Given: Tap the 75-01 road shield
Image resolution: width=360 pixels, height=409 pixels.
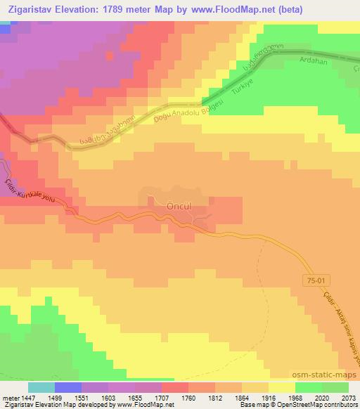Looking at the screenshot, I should (x=316, y=280).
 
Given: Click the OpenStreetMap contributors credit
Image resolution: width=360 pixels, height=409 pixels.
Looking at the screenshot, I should (x=322, y=405).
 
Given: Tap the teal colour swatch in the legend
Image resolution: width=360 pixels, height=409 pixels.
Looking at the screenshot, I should (x=41, y=387).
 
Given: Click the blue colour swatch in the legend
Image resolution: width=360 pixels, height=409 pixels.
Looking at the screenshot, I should (x=67, y=387).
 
